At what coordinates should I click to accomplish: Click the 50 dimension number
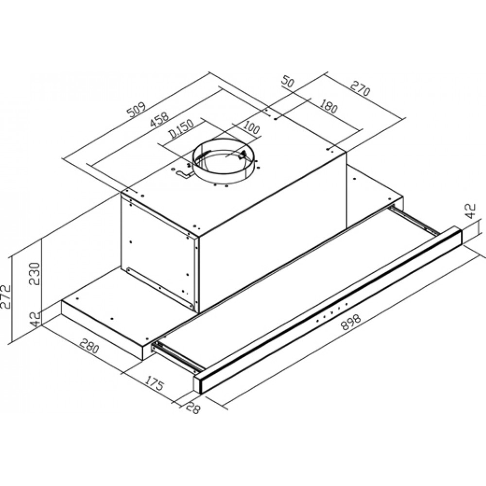point(288,82)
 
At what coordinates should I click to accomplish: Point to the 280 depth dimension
point(89,346)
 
